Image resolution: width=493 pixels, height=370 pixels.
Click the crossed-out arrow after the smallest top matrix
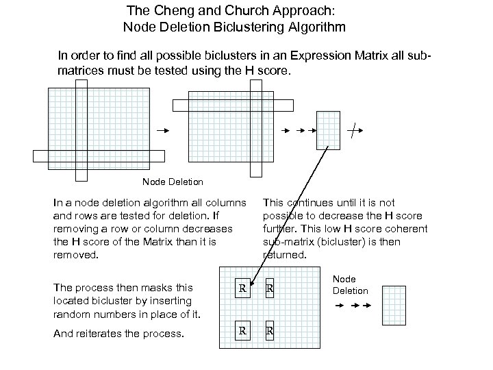pyautogui.click(x=352, y=129)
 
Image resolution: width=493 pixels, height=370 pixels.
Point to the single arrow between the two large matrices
pyautogui.click(x=162, y=129)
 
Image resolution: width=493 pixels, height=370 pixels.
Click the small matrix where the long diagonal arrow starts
pyautogui.click(x=328, y=130)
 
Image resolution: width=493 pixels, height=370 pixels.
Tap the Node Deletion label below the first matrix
pyautogui.click(x=173, y=182)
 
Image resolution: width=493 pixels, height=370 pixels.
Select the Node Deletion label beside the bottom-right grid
pyautogui.click(x=350, y=285)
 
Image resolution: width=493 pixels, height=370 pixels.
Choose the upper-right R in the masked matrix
pyautogui.click(x=270, y=289)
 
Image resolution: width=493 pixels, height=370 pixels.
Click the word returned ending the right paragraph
pyautogui.click(x=285, y=255)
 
